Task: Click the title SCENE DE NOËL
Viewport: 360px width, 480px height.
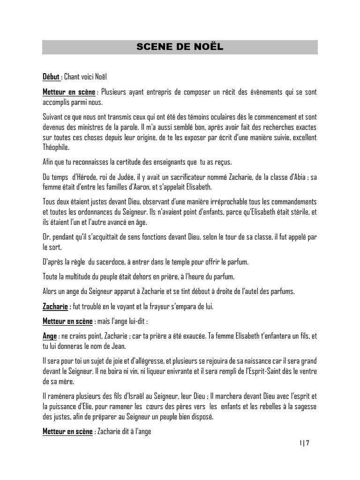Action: coord(180,47)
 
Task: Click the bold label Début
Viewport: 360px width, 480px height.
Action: coord(51,77)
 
